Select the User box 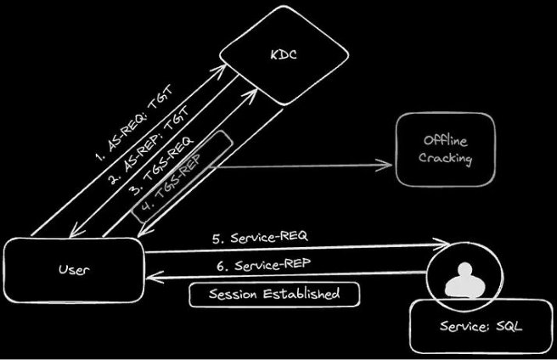tap(73, 271)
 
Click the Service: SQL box tap(476, 327)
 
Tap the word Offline tap(445, 140)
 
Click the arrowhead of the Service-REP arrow tap(146, 275)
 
